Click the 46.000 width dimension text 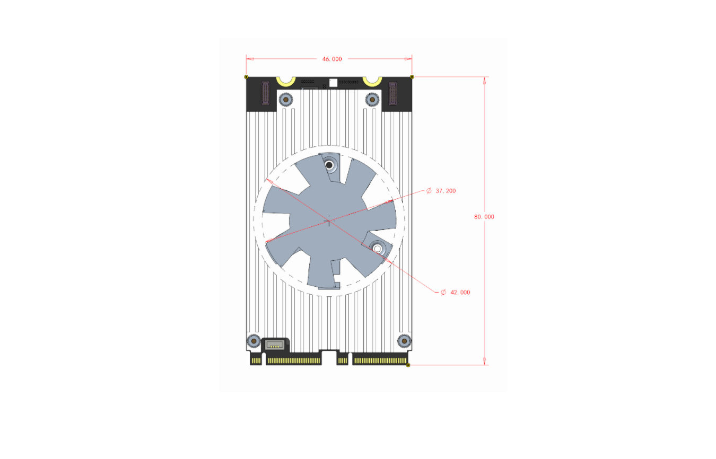tap(332, 59)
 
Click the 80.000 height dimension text tap(484, 217)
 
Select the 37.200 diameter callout tap(441, 191)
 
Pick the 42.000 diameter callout tap(456, 292)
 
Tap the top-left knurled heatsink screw tap(286, 100)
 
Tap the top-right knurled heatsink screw tap(372, 100)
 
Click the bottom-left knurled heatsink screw tap(254, 341)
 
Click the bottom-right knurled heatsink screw tap(404, 341)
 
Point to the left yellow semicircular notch tap(286, 84)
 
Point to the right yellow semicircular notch tap(372, 84)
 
